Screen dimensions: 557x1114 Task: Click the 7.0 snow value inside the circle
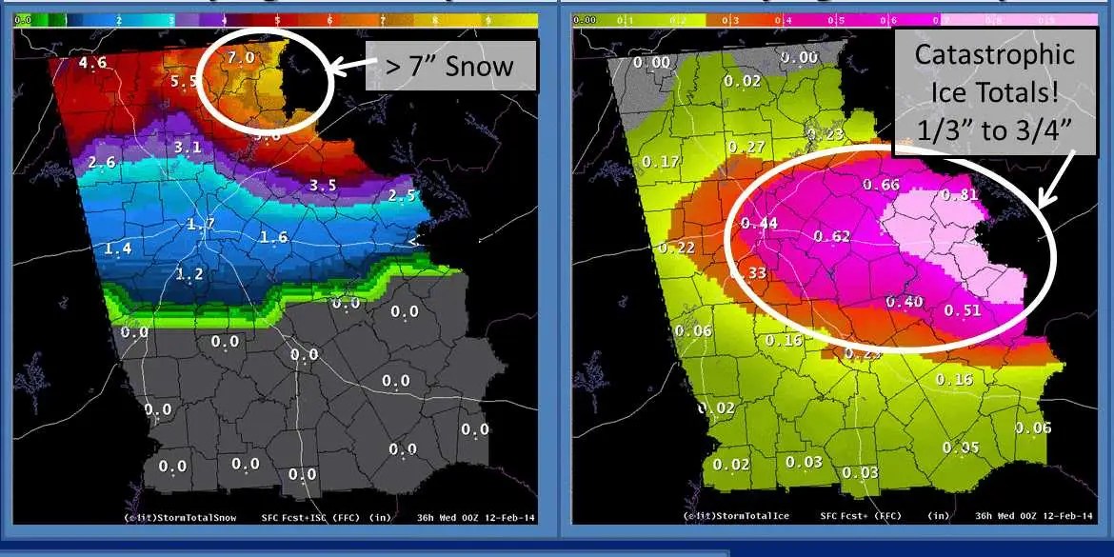click(x=242, y=58)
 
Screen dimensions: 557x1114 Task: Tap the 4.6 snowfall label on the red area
click(x=92, y=64)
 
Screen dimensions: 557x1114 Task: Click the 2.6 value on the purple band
click(x=101, y=164)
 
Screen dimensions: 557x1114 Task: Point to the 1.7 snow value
click(x=200, y=225)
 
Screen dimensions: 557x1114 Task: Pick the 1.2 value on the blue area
click(x=189, y=274)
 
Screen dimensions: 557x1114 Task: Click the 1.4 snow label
click(x=118, y=249)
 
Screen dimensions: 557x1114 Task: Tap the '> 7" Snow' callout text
click(x=449, y=67)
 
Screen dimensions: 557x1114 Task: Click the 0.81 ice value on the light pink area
click(x=959, y=195)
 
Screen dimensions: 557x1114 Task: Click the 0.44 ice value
click(x=760, y=224)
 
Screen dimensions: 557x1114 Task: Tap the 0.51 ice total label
click(x=962, y=310)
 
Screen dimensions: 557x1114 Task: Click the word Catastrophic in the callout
click(x=995, y=54)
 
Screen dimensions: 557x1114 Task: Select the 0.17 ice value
click(x=661, y=162)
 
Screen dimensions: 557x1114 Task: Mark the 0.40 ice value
click(x=904, y=302)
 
